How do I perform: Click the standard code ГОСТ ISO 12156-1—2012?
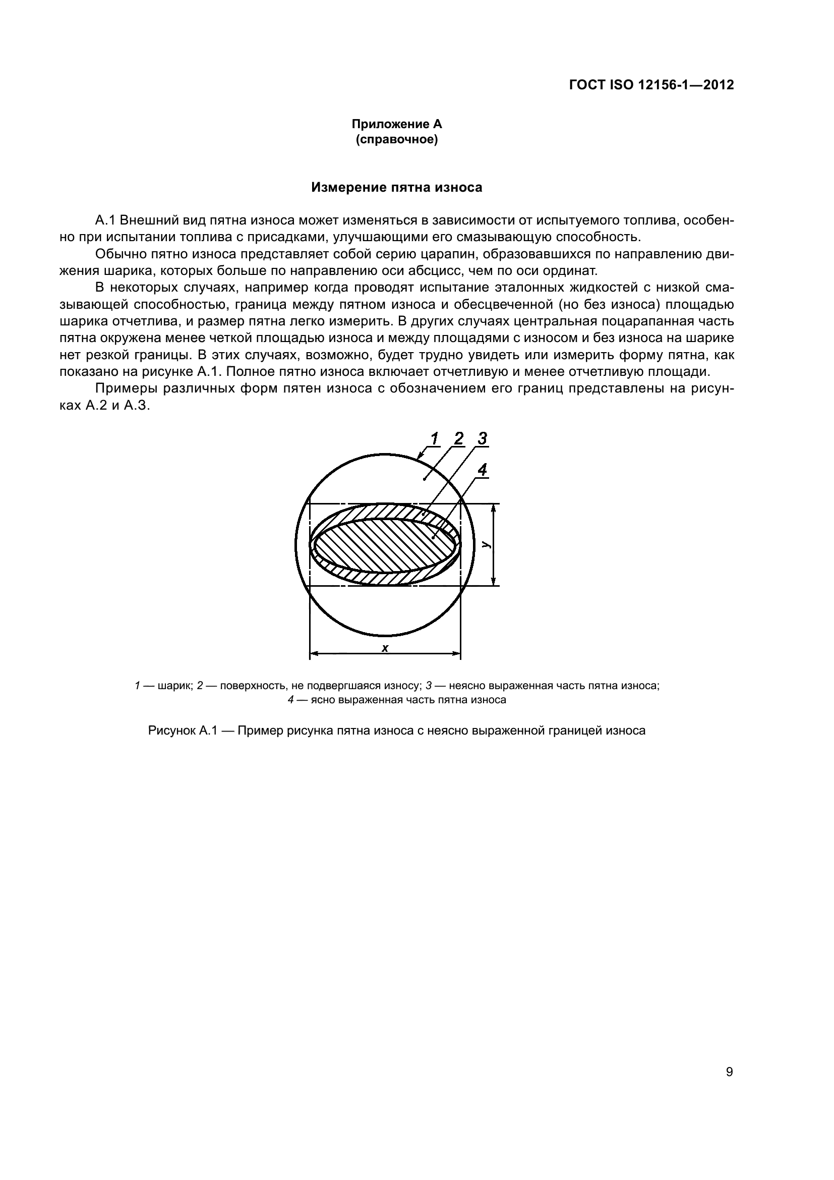click(651, 85)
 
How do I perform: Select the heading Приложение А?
click(396, 124)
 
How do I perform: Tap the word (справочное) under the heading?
click(396, 140)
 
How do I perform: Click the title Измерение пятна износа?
click(396, 188)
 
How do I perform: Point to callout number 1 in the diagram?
click(434, 438)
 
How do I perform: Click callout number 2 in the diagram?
click(458, 438)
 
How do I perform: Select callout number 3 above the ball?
click(482, 438)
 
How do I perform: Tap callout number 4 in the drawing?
click(482, 469)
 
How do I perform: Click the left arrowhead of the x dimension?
click(314, 654)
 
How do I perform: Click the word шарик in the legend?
click(174, 686)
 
